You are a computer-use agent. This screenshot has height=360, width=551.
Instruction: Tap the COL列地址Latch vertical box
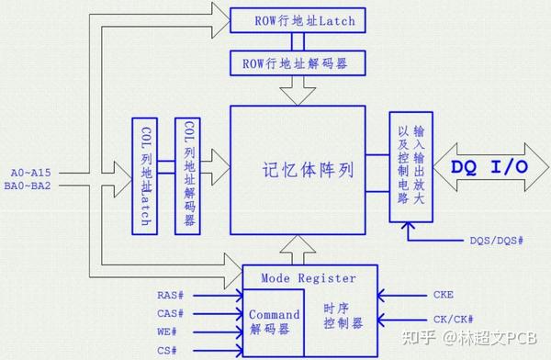coord(143,174)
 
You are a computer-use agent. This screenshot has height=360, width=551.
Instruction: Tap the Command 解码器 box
coord(275,321)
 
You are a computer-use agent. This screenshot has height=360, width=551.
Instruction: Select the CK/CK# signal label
coord(454,320)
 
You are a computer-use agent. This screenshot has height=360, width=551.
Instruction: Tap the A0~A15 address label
coord(31,172)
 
